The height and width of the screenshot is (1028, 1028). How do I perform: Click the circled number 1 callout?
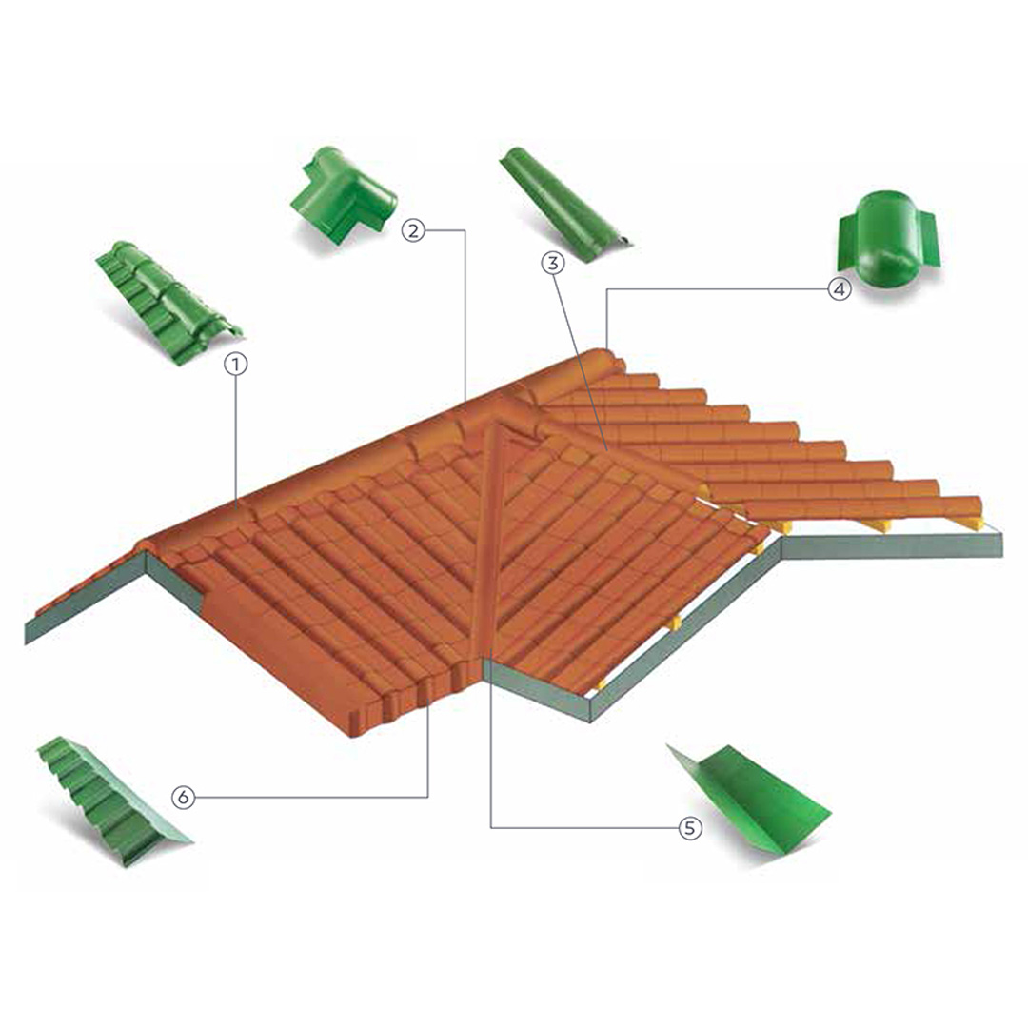coord(235,364)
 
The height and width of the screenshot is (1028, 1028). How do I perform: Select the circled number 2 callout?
coord(414,230)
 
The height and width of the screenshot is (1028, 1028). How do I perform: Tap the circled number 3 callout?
coord(553,263)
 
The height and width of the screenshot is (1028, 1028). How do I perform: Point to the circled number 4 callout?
coord(840,288)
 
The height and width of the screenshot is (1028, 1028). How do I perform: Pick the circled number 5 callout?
coord(689,828)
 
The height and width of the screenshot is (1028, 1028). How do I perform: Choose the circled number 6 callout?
coord(184,798)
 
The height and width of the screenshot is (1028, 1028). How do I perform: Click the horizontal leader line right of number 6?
coord(311,798)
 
